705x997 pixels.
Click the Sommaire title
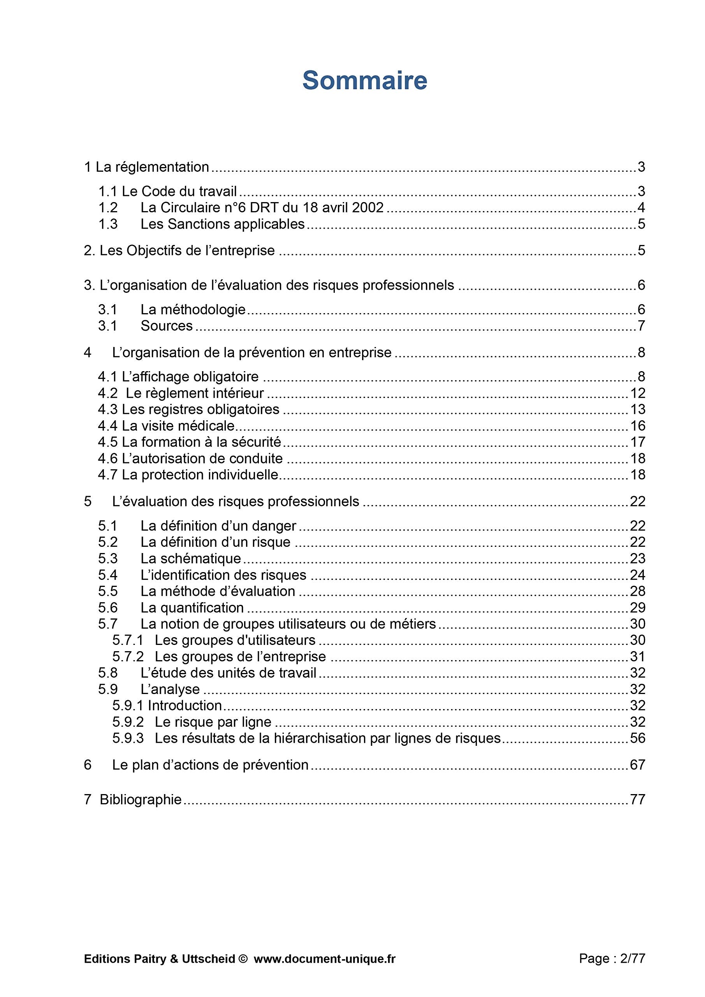point(365,81)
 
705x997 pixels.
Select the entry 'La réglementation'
point(152,167)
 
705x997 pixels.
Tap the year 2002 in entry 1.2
point(368,208)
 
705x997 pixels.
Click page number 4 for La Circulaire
point(641,208)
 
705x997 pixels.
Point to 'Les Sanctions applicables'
point(222,224)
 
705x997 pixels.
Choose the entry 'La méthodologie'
point(193,310)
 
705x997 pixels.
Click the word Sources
point(166,326)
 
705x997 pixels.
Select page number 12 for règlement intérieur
point(637,393)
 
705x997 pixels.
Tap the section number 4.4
point(108,426)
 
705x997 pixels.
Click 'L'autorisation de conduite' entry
point(202,458)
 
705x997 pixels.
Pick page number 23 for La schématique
point(637,558)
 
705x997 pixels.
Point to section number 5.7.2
point(128,657)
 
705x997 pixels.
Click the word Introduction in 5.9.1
point(185,706)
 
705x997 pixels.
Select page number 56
point(637,738)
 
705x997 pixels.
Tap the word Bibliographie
point(141,800)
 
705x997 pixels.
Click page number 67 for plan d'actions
point(637,764)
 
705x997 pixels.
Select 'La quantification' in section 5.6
point(192,608)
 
